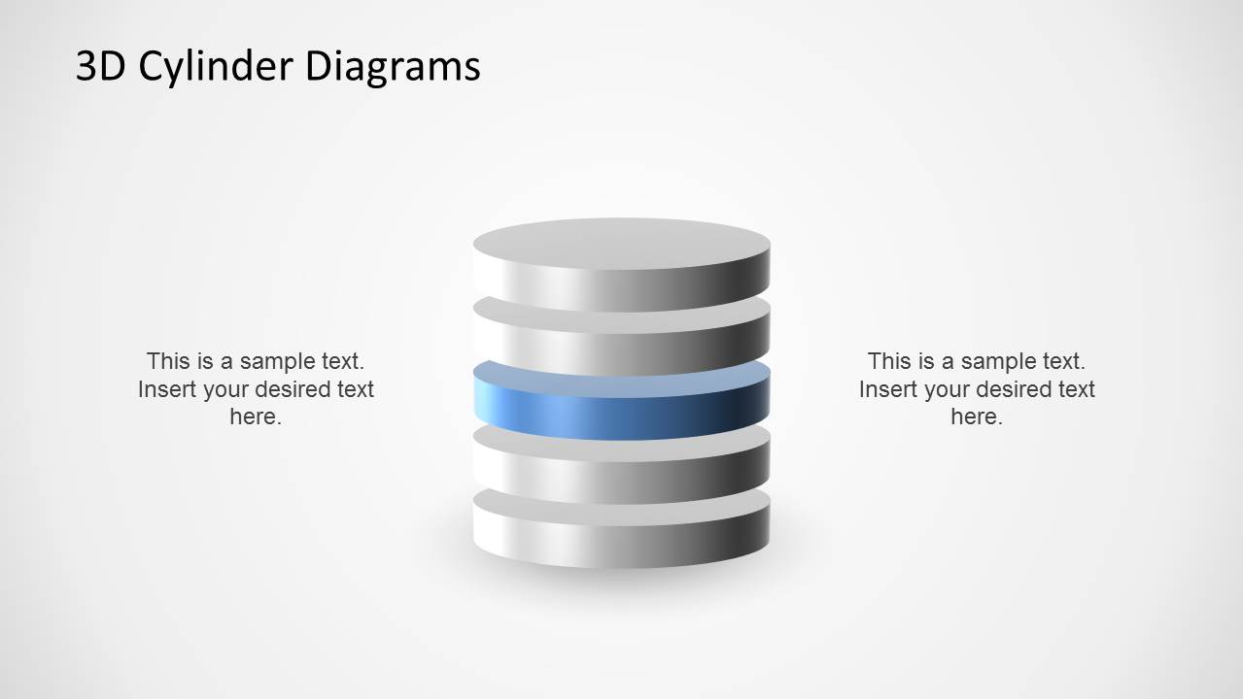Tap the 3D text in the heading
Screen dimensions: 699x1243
(x=101, y=66)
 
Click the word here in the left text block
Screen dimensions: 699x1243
(x=256, y=416)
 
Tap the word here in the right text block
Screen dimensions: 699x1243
(x=977, y=416)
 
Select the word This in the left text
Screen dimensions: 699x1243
(x=168, y=361)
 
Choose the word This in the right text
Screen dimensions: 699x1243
(x=889, y=361)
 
